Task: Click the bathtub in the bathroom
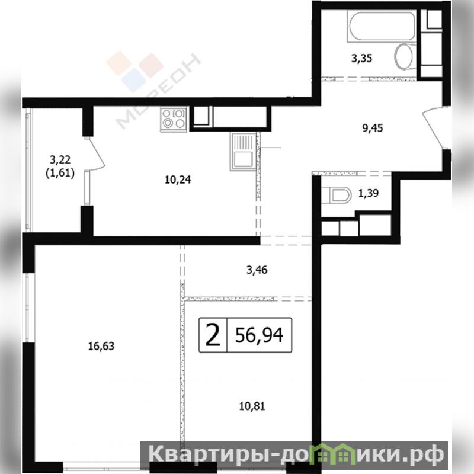pos(382,26)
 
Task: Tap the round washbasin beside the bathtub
pos(403,56)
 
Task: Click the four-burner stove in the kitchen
pos(174,120)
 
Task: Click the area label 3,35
pos(361,58)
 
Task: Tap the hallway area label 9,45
pos(373,128)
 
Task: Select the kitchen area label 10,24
pos(178,180)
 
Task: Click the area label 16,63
pos(101,346)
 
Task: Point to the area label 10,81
pos(252,406)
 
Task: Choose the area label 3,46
pos(257,270)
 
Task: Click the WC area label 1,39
pos(369,193)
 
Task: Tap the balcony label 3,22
pos(60,159)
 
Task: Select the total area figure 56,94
pos(259,335)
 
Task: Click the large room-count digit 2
pos(213,335)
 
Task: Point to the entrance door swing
pos(433,129)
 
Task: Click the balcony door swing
pos(95,154)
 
